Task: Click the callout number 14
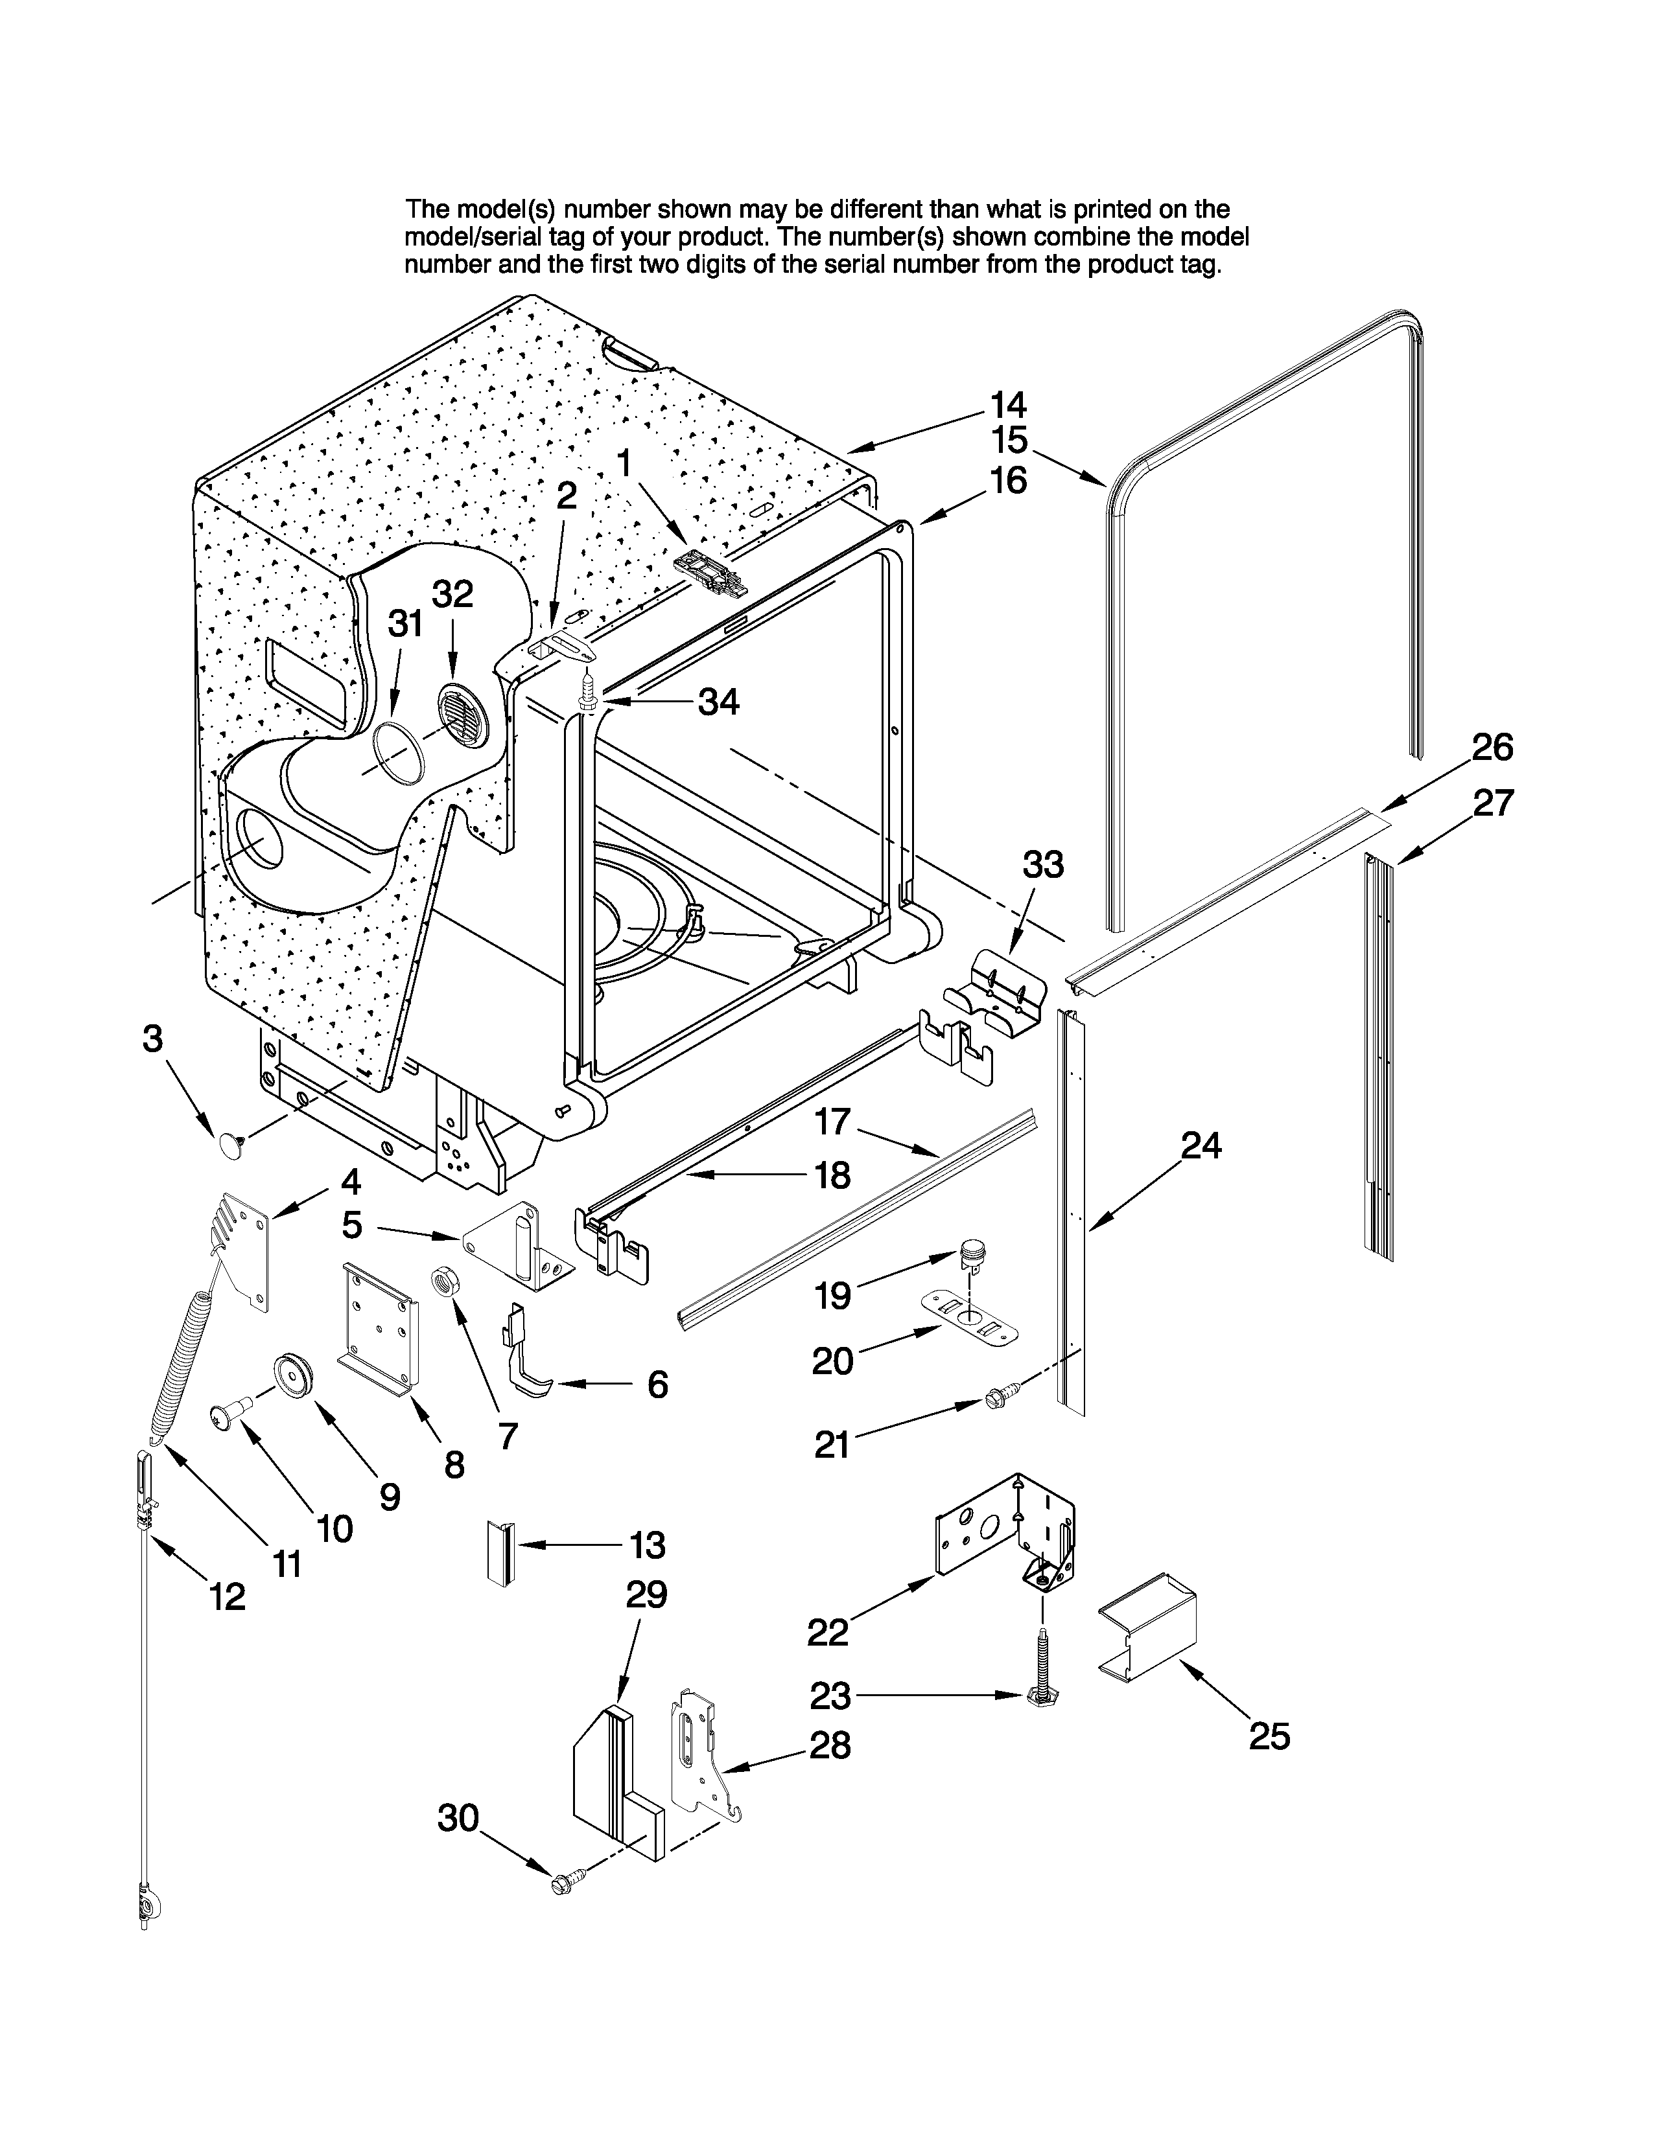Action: pyautogui.click(x=1007, y=404)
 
